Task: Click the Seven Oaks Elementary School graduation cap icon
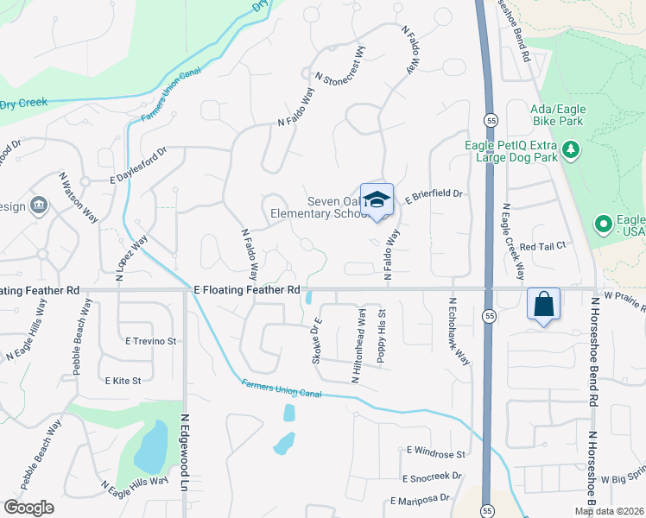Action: click(x=377, y=199)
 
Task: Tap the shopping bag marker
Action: click(x=543, y=304)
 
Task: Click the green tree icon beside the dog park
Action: click(x=570, y=152)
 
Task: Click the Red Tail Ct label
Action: click(x=542, y=246)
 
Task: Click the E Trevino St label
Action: click(x=150, y=341)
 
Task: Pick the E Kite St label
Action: click(x=123, y=380)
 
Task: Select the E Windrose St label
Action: click(x=436, y=453)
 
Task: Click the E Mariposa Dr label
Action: click(x=420, y=499)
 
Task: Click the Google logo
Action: click(x=28, y=508)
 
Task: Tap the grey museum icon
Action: click(x=38, y=205)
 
